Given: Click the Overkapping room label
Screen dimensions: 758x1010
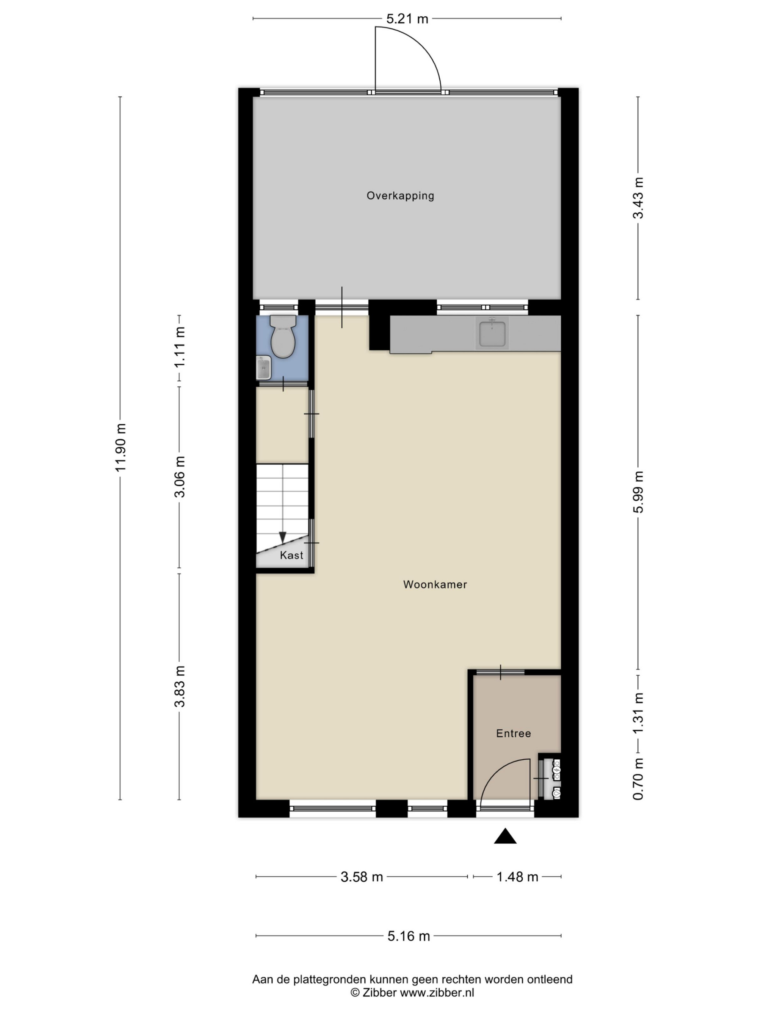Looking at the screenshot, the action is (400, 195).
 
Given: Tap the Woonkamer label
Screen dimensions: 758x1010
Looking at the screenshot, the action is (435, 584).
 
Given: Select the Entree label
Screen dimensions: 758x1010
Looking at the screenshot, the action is (514, 733).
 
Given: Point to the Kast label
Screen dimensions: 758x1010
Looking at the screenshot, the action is (291, 555).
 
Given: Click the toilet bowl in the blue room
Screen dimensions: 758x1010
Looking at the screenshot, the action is (283, 337).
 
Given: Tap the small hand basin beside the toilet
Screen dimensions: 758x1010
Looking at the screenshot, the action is (264, 368).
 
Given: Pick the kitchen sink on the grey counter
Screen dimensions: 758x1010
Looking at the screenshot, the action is (492, 333).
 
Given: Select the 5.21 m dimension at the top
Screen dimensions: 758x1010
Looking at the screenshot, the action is (407, 19).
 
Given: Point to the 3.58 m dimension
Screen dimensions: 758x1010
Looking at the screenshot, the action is (362, 877).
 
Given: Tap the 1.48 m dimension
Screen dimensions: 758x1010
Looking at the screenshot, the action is (517, 877).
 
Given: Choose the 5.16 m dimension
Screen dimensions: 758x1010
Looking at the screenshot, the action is (409, 936).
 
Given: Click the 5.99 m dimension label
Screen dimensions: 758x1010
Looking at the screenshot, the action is (638, 492).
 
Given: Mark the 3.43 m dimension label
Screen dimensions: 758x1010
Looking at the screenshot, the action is (638, 198).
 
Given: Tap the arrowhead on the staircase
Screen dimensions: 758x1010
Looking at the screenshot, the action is (283, 538).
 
